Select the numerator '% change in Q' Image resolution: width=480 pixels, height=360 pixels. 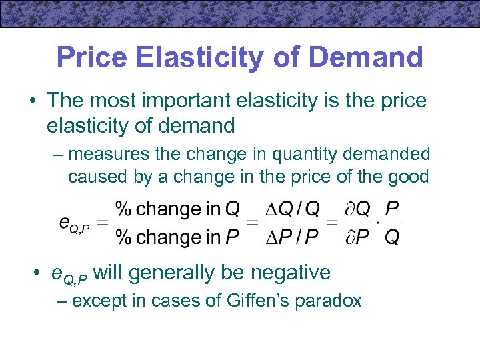[x=177, y=209]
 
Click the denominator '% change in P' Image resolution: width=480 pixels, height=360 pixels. [x=177, y=237]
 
